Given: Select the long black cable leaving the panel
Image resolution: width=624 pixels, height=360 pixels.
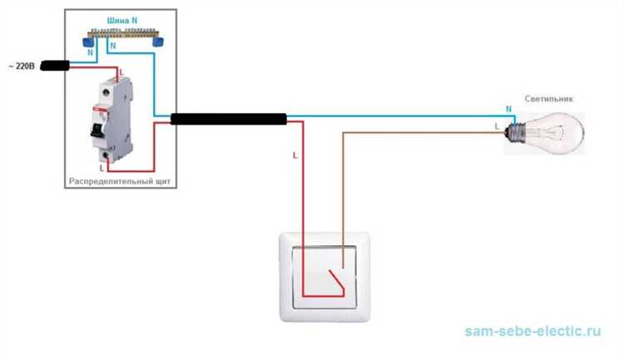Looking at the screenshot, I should (229, 119).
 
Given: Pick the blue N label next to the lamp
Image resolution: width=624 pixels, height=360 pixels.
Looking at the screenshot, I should (508, 108).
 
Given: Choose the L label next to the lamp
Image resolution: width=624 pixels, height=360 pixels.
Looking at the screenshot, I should (497, 126).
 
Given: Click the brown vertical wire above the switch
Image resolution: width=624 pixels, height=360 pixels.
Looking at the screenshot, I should (342, 191).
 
